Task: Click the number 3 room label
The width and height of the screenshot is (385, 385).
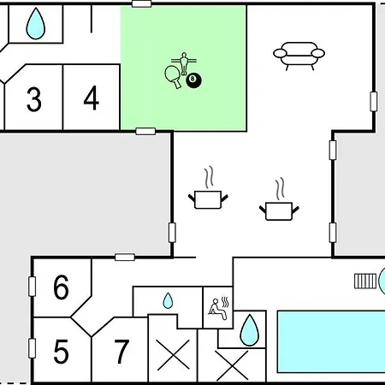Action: [34, 99]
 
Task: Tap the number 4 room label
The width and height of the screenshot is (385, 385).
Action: [92, 98]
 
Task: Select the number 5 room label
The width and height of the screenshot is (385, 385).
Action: [61, 352]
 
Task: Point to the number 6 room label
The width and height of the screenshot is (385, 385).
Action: [61, 287]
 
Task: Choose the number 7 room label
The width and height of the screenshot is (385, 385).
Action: [121, 352]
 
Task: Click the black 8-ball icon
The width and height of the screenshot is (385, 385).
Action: [193, 80]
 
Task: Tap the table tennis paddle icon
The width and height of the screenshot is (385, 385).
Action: [173, 76]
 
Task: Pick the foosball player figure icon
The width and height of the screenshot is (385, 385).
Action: [184, 63]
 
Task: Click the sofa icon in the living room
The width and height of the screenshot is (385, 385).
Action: [299, 56]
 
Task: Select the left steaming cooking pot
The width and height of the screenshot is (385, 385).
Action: [208, 187]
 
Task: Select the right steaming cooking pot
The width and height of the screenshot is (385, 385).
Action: [279, 199]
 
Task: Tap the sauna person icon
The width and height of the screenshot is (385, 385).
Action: [219, 309]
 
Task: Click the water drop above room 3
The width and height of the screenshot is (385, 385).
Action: [36, 23]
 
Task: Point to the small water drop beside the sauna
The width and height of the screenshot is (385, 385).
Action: [168, 300]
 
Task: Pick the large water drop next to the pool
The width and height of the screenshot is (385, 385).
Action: [250, 330]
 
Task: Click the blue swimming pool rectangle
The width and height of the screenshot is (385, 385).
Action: [331, 341]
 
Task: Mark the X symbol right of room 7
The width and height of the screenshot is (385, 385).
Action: [174, 355]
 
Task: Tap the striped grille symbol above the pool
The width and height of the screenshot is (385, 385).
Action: [365, 281]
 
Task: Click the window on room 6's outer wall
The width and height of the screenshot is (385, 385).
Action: [32, 287]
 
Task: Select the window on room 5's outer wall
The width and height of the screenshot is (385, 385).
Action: [32, 348]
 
